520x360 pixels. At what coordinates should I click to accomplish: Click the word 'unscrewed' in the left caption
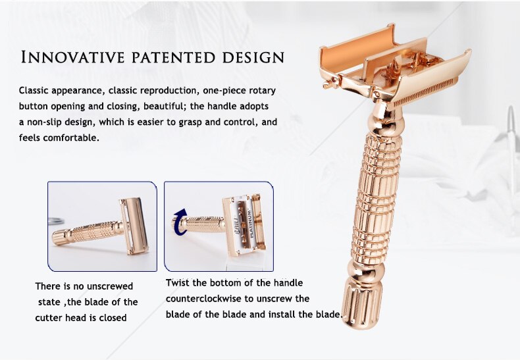point(109,286)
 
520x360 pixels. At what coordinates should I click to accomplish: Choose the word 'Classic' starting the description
point(34,90)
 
